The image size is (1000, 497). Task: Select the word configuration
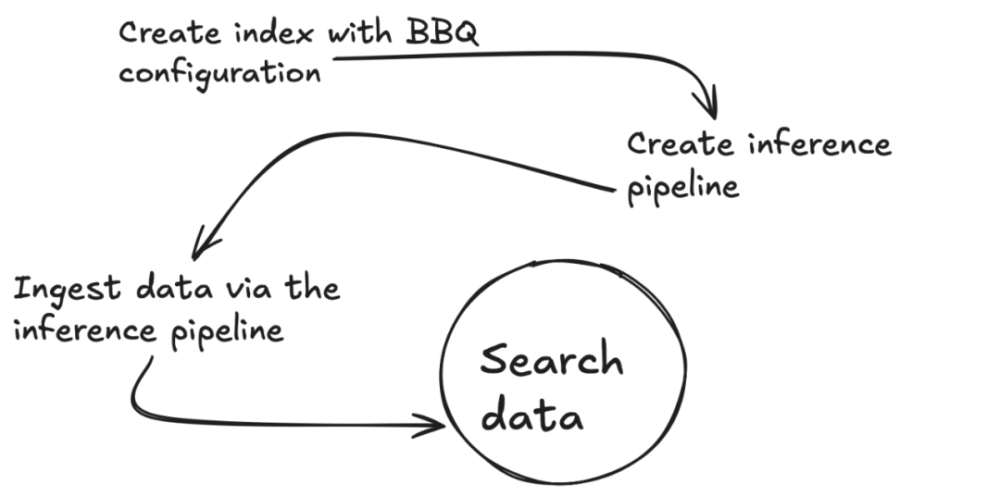[220, 73]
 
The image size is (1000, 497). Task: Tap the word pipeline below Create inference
[684, 187]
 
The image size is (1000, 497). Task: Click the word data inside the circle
[533, 416]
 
